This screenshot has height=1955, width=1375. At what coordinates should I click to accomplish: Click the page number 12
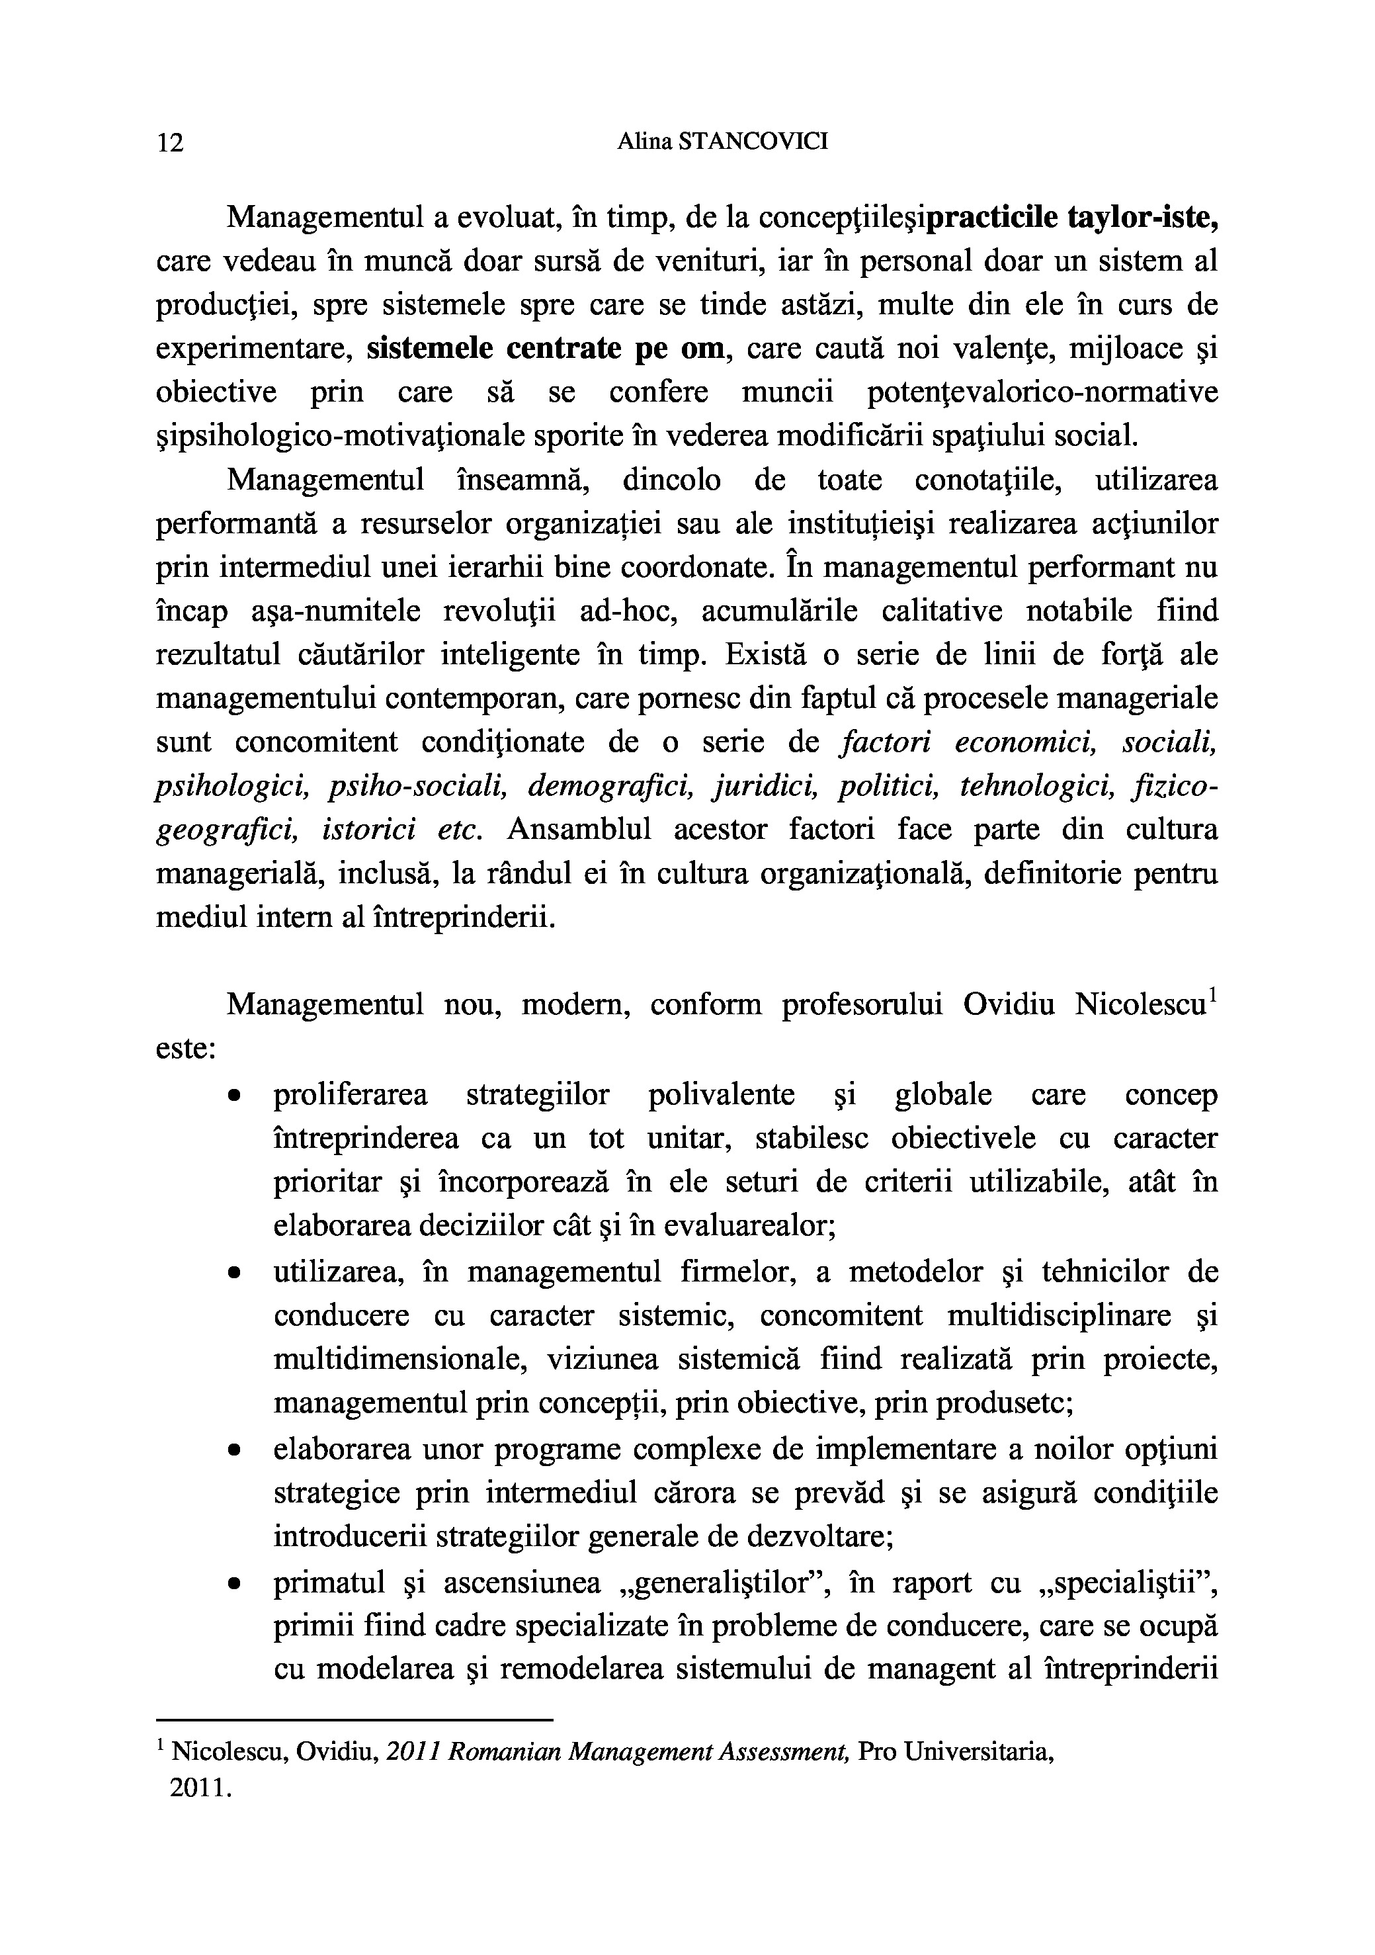(x=170, y=142)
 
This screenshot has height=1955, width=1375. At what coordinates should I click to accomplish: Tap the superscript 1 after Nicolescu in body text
(x=1212, y=994)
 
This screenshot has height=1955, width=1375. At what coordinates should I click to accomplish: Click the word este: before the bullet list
(x=186, y=1048)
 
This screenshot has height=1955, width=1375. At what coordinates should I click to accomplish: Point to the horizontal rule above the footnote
(x=355, y=1720)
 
